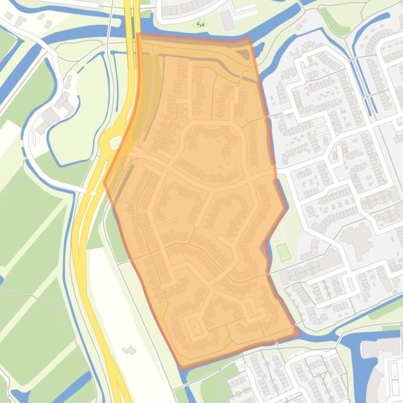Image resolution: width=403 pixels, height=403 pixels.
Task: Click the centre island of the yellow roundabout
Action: coord(112,140)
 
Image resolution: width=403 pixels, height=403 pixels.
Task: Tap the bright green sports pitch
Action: coord(284,252)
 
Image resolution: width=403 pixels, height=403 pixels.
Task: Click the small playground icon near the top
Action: coord(200,23)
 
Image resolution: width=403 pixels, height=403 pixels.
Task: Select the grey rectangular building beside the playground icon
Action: coord(227,20)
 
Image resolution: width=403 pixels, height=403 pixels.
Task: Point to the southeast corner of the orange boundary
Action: coord(299,334)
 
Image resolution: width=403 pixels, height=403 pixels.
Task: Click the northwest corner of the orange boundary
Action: coord(137,35)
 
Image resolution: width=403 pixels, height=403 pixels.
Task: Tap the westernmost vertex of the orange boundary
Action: coord(104,182)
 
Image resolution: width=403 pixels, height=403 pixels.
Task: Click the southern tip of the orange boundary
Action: coord(181,367)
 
